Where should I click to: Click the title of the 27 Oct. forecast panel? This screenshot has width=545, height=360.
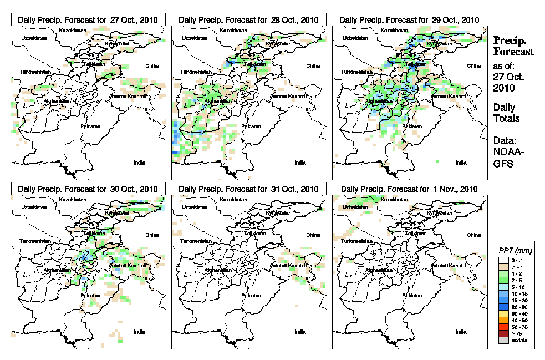(x=88, y=19)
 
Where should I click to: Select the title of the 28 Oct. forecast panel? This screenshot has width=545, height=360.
(x=249, y=19)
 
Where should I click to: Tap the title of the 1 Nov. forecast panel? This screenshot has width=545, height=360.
(x=409, y=189)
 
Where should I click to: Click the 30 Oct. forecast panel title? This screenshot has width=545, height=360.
(x=88, y=189)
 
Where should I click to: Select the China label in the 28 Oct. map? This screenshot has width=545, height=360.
(x=313, y=65)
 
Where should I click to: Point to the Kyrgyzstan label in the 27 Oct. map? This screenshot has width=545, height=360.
(x=117, y=43)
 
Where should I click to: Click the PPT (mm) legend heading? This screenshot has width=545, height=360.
(x=513, y=251)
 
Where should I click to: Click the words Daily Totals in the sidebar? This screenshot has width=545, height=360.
(x=506, y=113)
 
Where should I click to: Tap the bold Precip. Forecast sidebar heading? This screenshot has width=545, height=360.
(x=513, y=46)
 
